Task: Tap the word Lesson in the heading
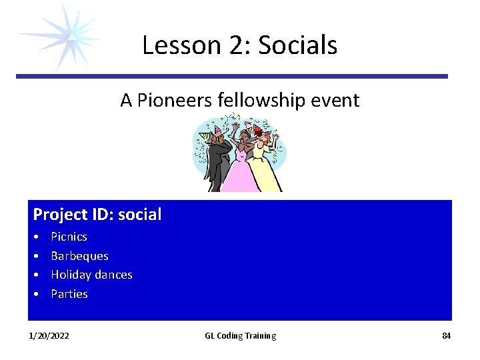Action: (181, 45)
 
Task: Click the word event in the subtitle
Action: (337, 101)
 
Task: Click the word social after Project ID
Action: (139, 215)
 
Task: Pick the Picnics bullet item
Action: (69, 237)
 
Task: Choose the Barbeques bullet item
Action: (79, 256)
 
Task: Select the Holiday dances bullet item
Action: (91, 275)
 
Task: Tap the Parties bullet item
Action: (69, 294)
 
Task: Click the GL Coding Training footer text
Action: (240, 336)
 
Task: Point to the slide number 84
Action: (446, 336)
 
